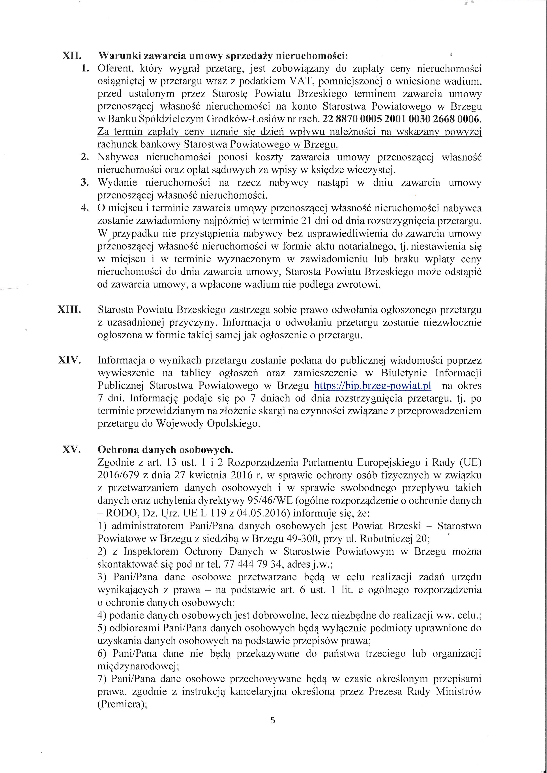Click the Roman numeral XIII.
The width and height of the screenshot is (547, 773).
tap(70, 310)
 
